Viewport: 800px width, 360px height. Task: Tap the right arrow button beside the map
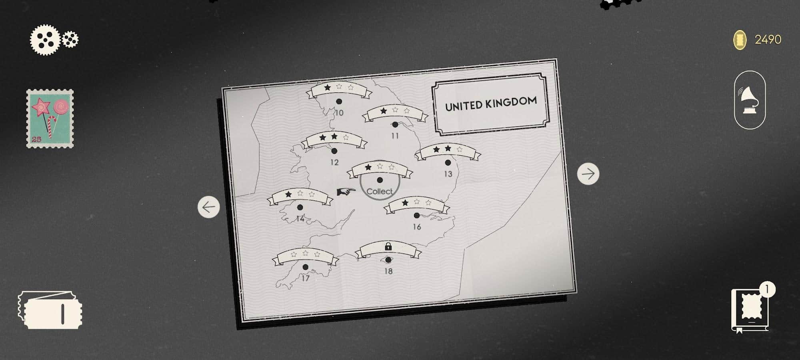point(588,174)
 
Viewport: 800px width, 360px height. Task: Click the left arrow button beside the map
point(209,207)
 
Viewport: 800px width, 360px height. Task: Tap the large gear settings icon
point(45,40)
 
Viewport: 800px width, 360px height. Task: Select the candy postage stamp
point(50,119)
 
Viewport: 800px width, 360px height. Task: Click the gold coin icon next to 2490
point(740,40)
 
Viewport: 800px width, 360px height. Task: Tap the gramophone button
point(750,100)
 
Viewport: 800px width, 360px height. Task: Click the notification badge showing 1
point(767,289)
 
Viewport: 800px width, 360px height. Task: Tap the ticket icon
point(50,310)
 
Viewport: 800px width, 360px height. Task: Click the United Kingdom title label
point(491,104)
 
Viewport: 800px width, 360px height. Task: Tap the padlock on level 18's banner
point(388,246)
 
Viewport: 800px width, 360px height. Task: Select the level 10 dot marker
point(339,102)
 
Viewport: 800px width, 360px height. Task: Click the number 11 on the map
point(395,136)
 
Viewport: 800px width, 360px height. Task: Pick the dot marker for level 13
point(448,163)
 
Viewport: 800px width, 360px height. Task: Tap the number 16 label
point(417,227)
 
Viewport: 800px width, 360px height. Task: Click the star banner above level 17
point(305,256)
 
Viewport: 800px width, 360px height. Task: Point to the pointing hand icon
point(346,192)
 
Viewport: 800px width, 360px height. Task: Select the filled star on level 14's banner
point(288,194)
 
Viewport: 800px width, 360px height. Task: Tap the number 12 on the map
point(334,162)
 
